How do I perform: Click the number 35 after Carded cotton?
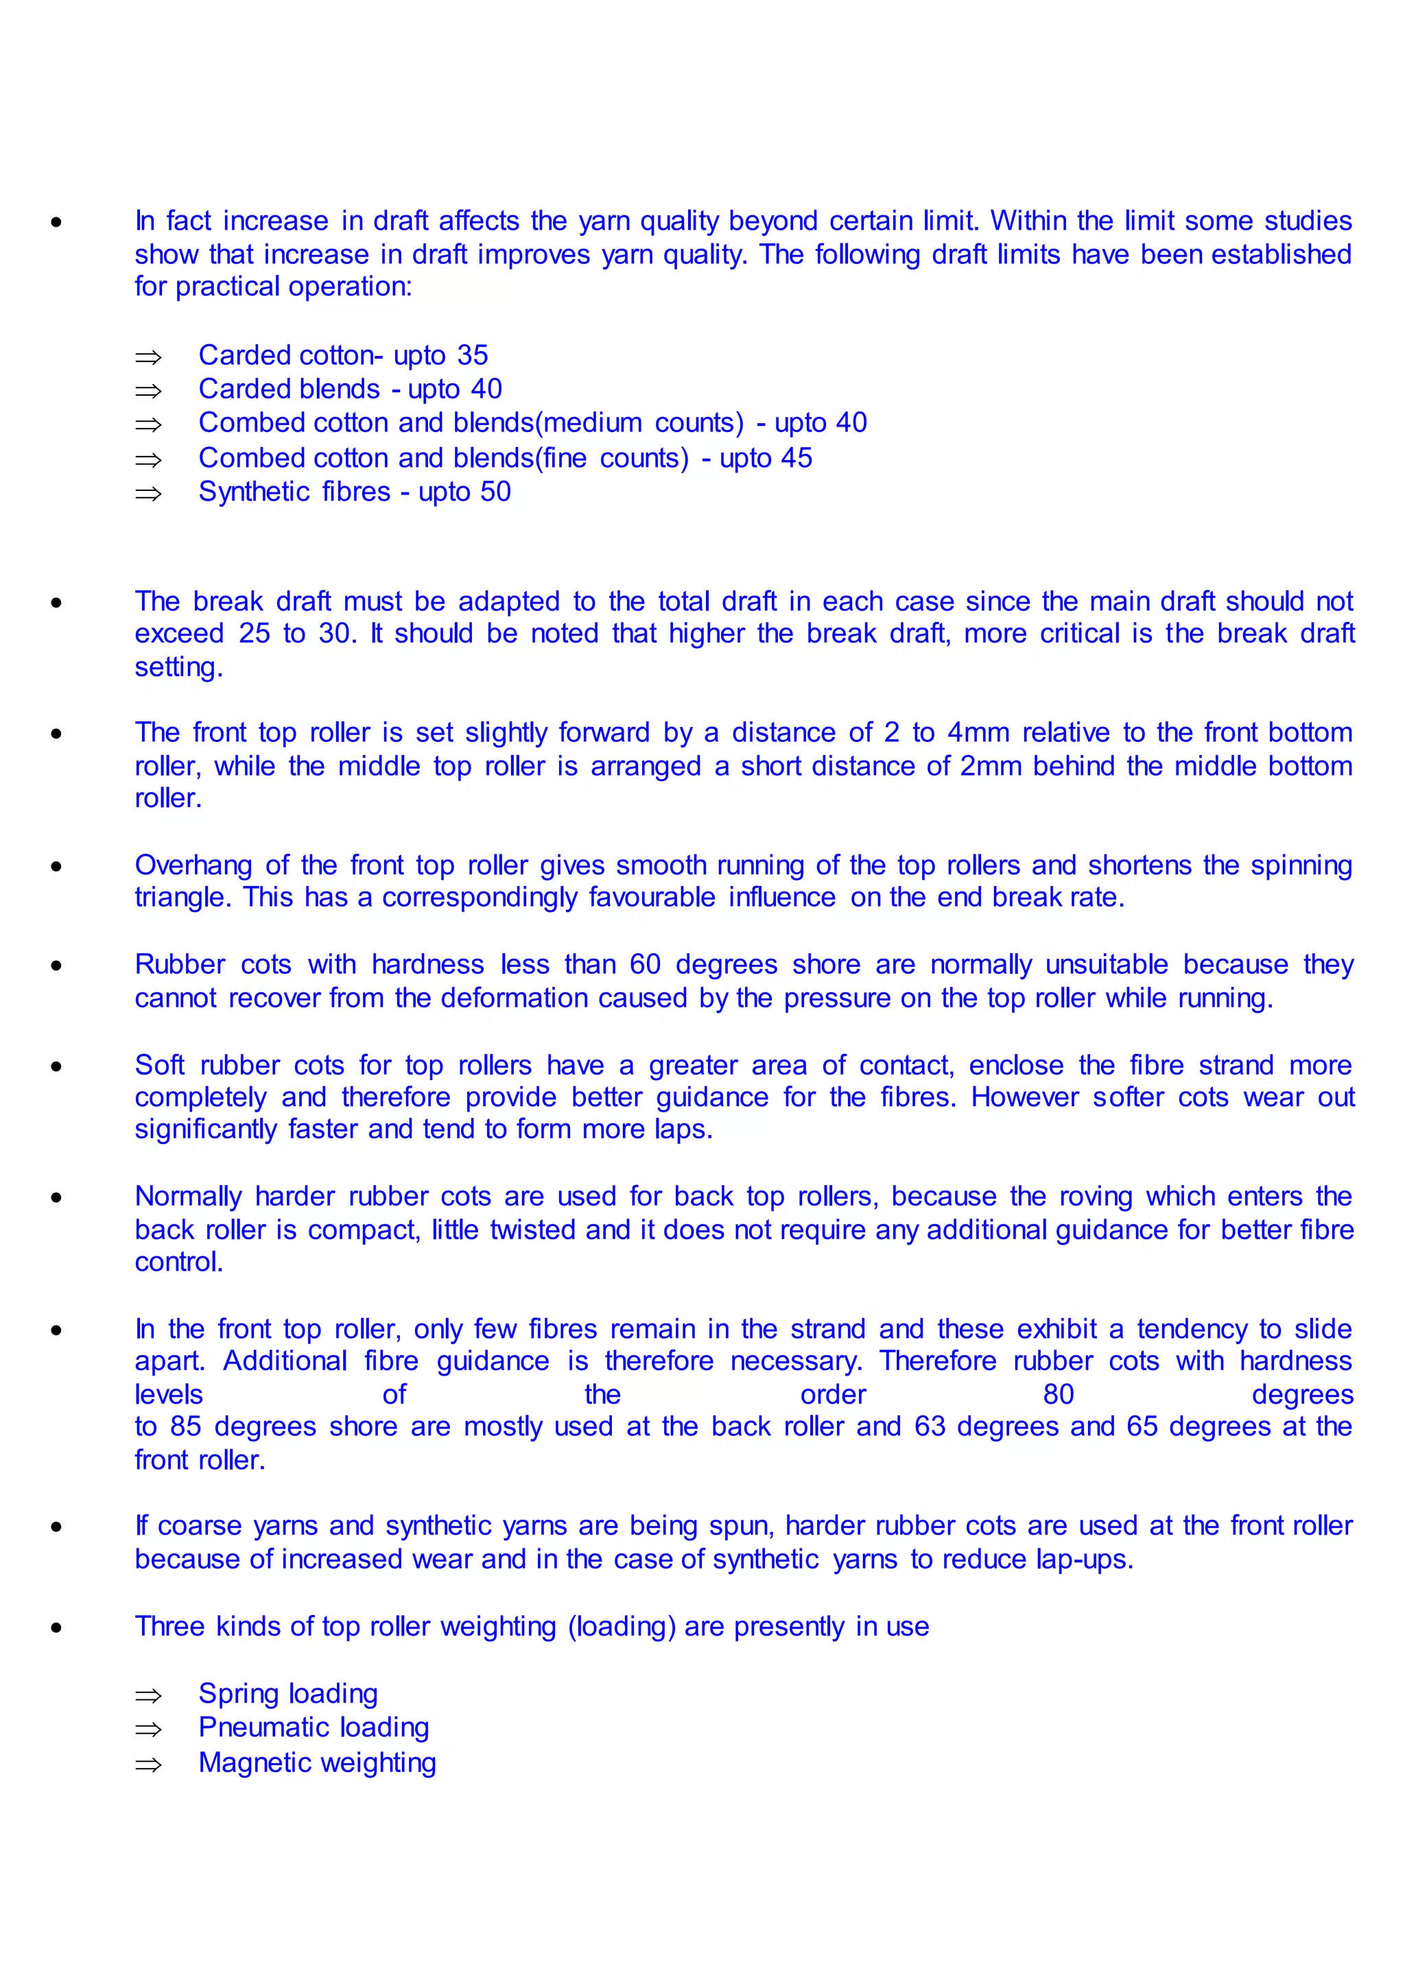click(x=473, y=355)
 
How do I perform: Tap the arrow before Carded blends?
click(x=149, y=391)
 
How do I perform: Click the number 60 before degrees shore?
click(x=646, y=964)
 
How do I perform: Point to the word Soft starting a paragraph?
click(x=159, y=1065)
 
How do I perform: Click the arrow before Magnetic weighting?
click(x=149, y=1764)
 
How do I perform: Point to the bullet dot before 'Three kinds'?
click(x=56, y=1627)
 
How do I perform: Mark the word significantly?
click(x=206, y=1129)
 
